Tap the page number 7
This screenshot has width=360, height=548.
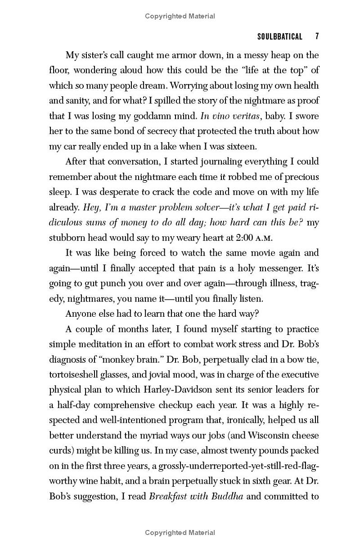(x=317, y=36)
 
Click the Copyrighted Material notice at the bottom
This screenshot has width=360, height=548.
(x=180, y=533)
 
